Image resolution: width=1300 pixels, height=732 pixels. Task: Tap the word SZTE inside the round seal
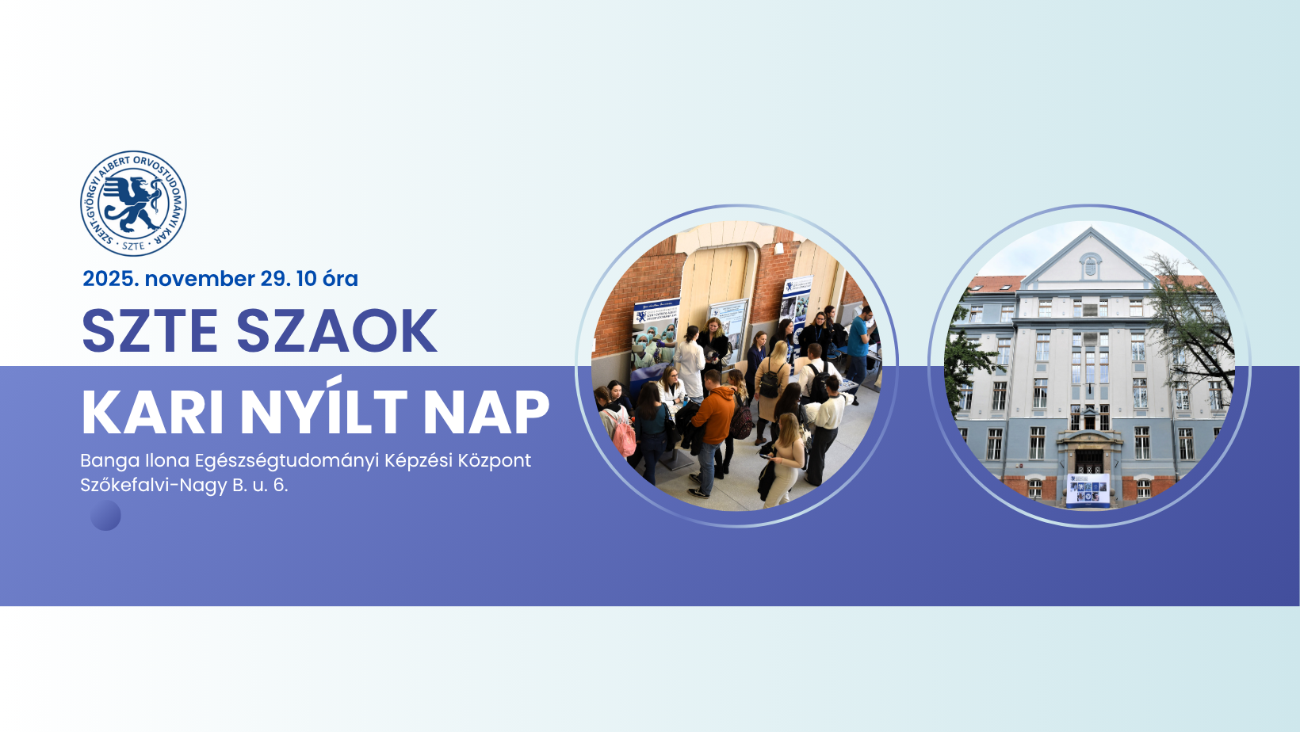pos(133,246)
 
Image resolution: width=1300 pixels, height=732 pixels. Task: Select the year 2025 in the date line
pos(111,279)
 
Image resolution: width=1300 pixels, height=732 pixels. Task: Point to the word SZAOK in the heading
pos(336,330)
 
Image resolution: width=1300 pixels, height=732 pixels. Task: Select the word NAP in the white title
pos(487,412)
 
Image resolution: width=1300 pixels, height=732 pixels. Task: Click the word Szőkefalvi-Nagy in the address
pos(154,486)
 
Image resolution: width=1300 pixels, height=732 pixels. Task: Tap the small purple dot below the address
pos(105,516)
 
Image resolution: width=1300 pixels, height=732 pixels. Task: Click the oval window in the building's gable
pos(1091,266)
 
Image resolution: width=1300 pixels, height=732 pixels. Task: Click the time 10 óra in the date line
pos(327,279)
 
